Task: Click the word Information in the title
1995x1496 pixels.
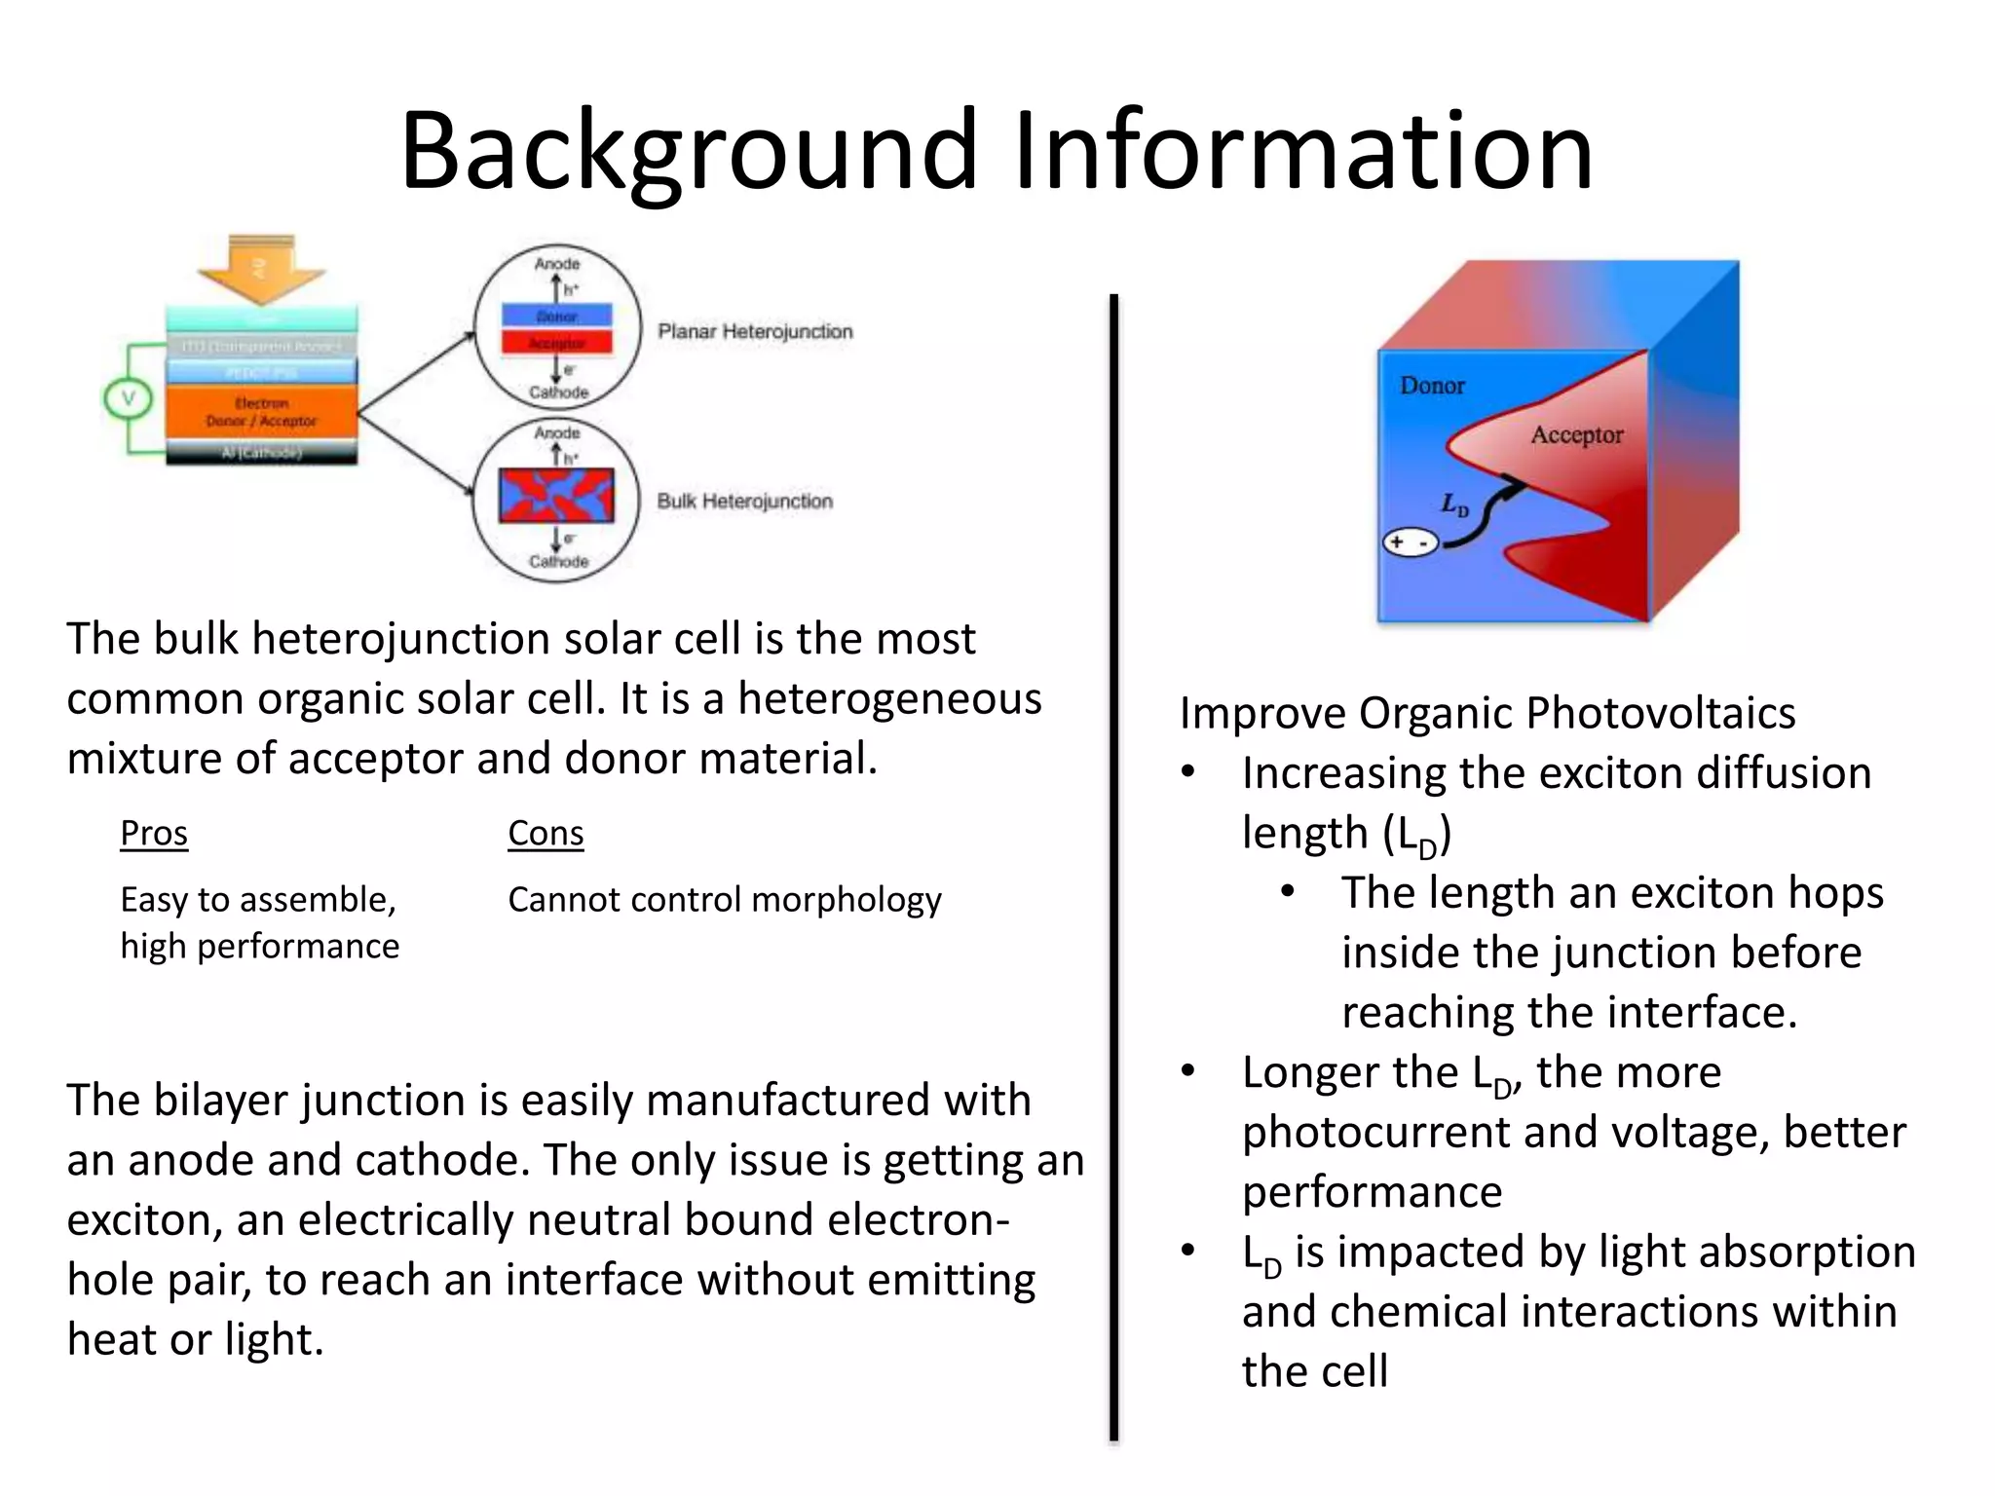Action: [1303, 151]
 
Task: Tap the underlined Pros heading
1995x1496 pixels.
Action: [154, 834]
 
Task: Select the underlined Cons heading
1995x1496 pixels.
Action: [546, 834]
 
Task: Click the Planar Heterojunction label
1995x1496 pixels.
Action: [755, 331]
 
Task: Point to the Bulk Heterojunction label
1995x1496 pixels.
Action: [745, 501]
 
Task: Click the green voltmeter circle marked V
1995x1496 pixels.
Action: [128, 398]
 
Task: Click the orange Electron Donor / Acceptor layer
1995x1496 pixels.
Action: [261, 412]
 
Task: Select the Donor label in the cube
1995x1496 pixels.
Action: [1432, 386]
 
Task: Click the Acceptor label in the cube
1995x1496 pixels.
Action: [1576, 434]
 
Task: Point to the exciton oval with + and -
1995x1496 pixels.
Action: [1411, 542]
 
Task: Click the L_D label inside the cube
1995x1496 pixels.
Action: [1454, 505]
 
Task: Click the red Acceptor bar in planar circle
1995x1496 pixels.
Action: [557, 343]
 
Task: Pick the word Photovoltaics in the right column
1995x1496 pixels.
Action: [1660, 713]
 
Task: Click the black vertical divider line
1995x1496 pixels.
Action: [1113, 867]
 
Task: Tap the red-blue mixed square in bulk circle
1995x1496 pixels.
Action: [556, 496]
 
